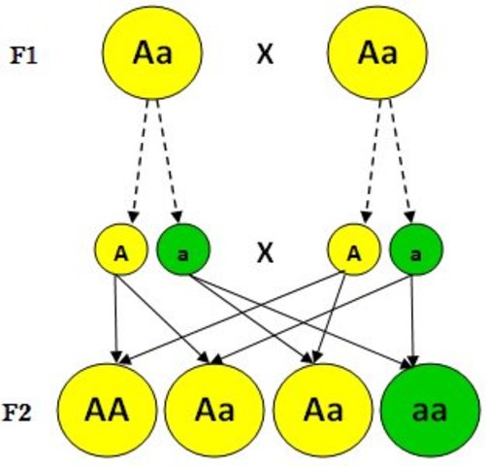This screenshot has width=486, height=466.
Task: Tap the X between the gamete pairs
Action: click(264, 254)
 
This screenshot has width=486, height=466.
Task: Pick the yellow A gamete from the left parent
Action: click(119, 253)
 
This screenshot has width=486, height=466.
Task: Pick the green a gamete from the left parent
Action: click(181, 253)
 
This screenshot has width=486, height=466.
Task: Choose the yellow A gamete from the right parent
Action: click(353, 253)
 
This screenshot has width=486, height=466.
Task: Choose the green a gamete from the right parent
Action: click(415, 253)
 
